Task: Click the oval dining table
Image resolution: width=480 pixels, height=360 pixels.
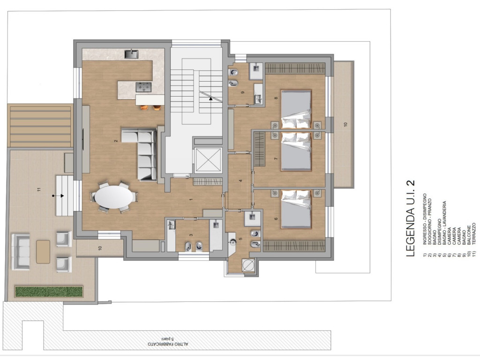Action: coord(114,197)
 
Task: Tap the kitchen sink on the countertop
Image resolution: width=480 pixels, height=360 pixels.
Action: coord(131,54)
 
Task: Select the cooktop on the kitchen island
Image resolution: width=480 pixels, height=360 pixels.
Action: coord(143,87)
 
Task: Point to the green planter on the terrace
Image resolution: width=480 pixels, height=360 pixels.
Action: coord(49,292)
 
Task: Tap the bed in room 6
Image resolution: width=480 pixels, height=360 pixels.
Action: coord(296,209)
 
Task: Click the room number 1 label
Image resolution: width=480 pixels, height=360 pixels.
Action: coord(191,199)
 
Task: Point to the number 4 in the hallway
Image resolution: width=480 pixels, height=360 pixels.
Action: coord(240,180)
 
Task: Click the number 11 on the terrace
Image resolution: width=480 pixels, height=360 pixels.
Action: coord(39,189)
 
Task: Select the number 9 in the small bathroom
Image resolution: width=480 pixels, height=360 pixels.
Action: coord(243,92)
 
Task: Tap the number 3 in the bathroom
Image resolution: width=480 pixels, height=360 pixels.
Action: coord(191,235)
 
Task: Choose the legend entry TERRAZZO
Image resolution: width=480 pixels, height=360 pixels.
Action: coord(474,233)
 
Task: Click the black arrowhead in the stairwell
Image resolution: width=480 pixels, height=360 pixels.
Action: coord(210,98)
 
